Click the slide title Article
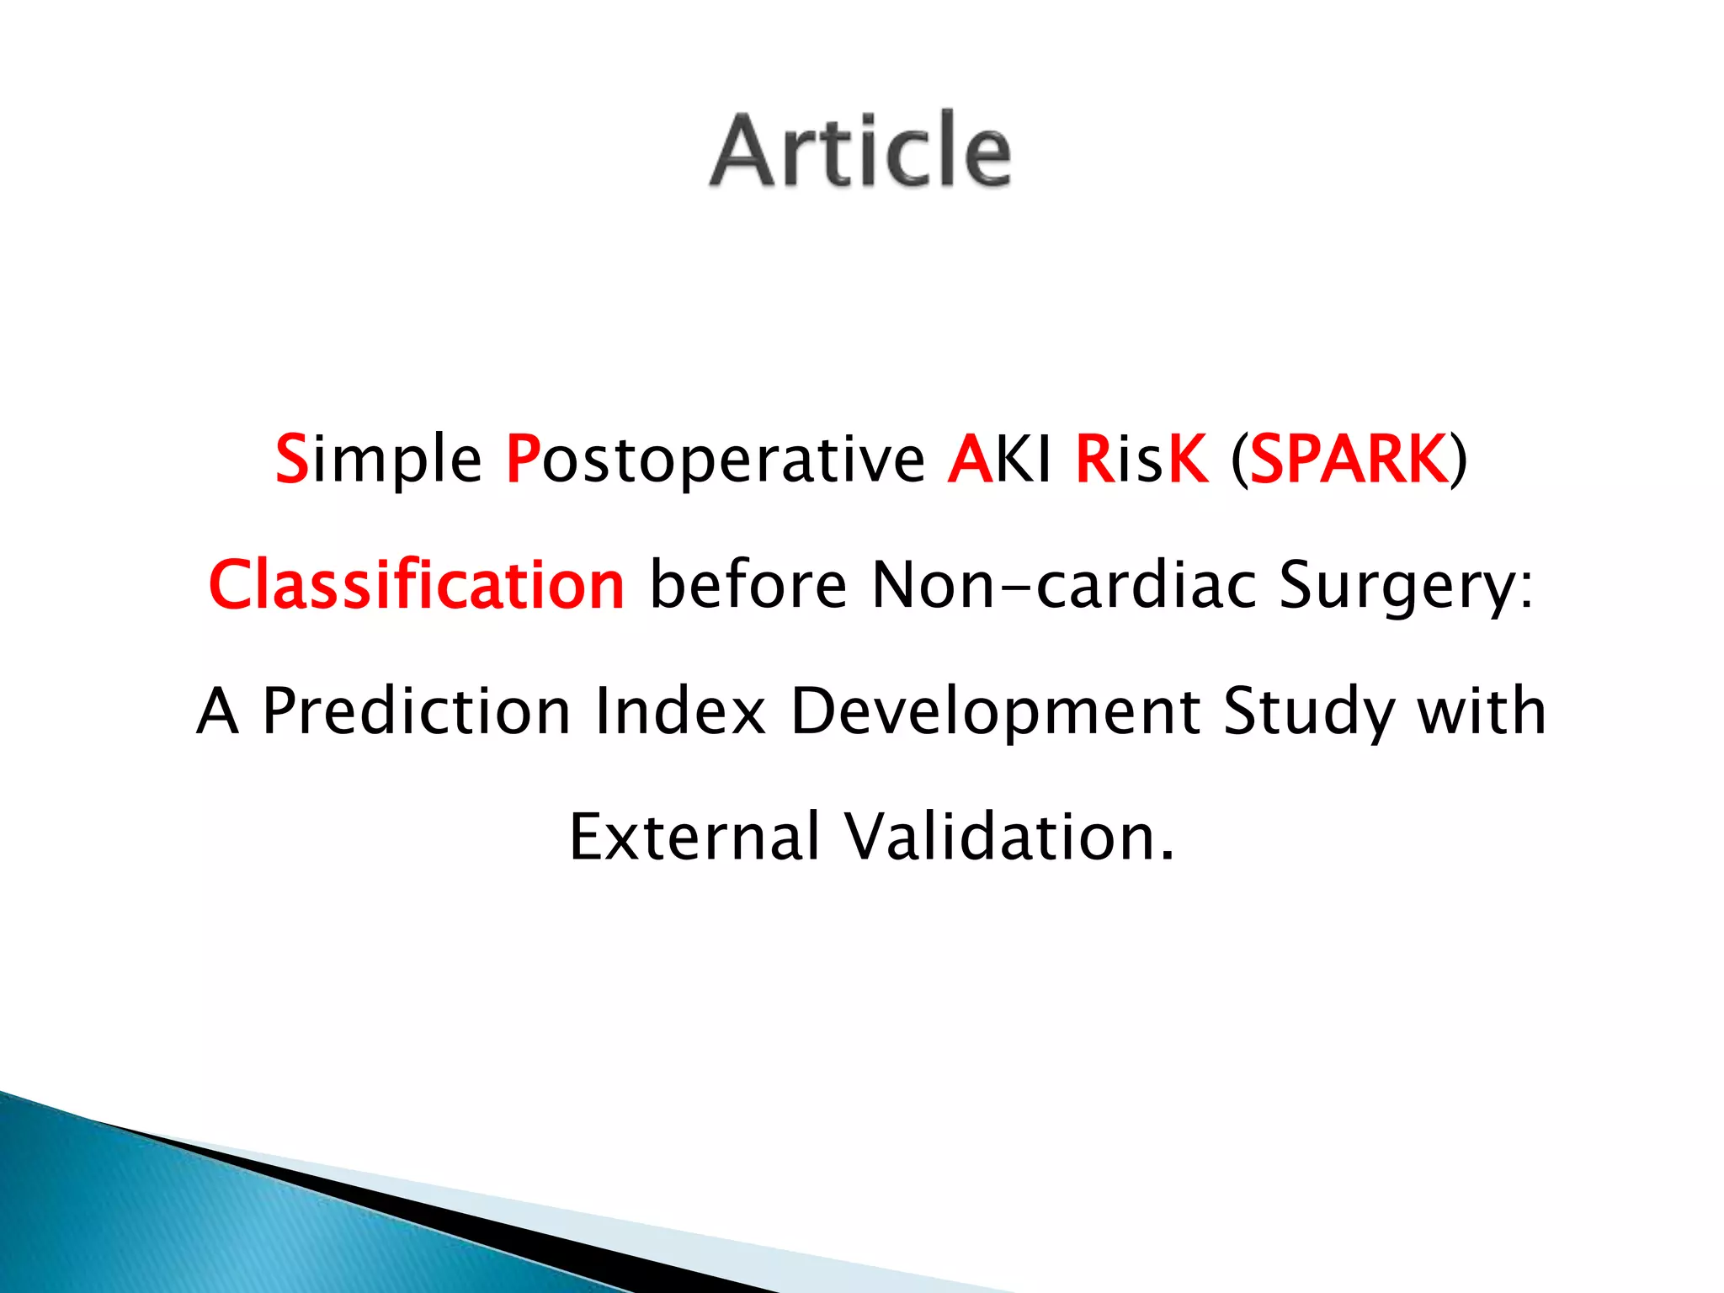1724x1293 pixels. click(x=860, y=152)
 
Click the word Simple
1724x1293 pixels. click(x=379, y=459)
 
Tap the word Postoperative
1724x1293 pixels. click(x=715, y=459)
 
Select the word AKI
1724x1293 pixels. click(x=999, y=459)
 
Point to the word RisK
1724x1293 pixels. click(x=1141, y=459)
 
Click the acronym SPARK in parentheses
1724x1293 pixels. click(x=1349, y=459)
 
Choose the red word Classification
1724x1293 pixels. click(x=417, y=585)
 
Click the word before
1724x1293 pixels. click(x=748, y=585)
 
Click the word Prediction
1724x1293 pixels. click(x=417, y=711)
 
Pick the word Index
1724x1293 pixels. click(x=680, y=711)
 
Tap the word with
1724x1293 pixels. click(x=1482, y=711)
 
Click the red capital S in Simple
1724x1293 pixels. click(x=292, y=459)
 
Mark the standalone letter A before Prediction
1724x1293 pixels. click(x=217, y=711)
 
